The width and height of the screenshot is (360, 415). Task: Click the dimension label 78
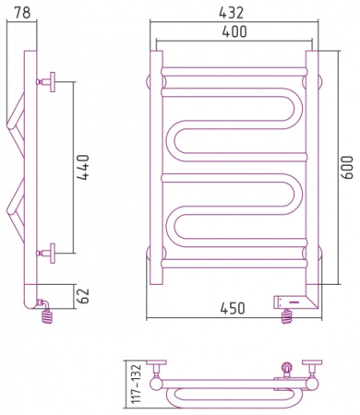[22, 12]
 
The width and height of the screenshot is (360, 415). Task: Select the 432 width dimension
[231, 13]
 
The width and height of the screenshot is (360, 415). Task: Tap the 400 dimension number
[234, 31]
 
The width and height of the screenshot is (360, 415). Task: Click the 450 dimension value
[233, 308]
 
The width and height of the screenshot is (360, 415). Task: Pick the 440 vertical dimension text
[82, 167]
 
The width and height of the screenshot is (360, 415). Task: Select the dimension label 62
[82, 296]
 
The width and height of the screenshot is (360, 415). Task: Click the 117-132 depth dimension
[135, 384]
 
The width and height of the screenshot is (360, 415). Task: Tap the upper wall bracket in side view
[47, 82]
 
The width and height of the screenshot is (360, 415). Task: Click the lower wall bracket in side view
[47, 254]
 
